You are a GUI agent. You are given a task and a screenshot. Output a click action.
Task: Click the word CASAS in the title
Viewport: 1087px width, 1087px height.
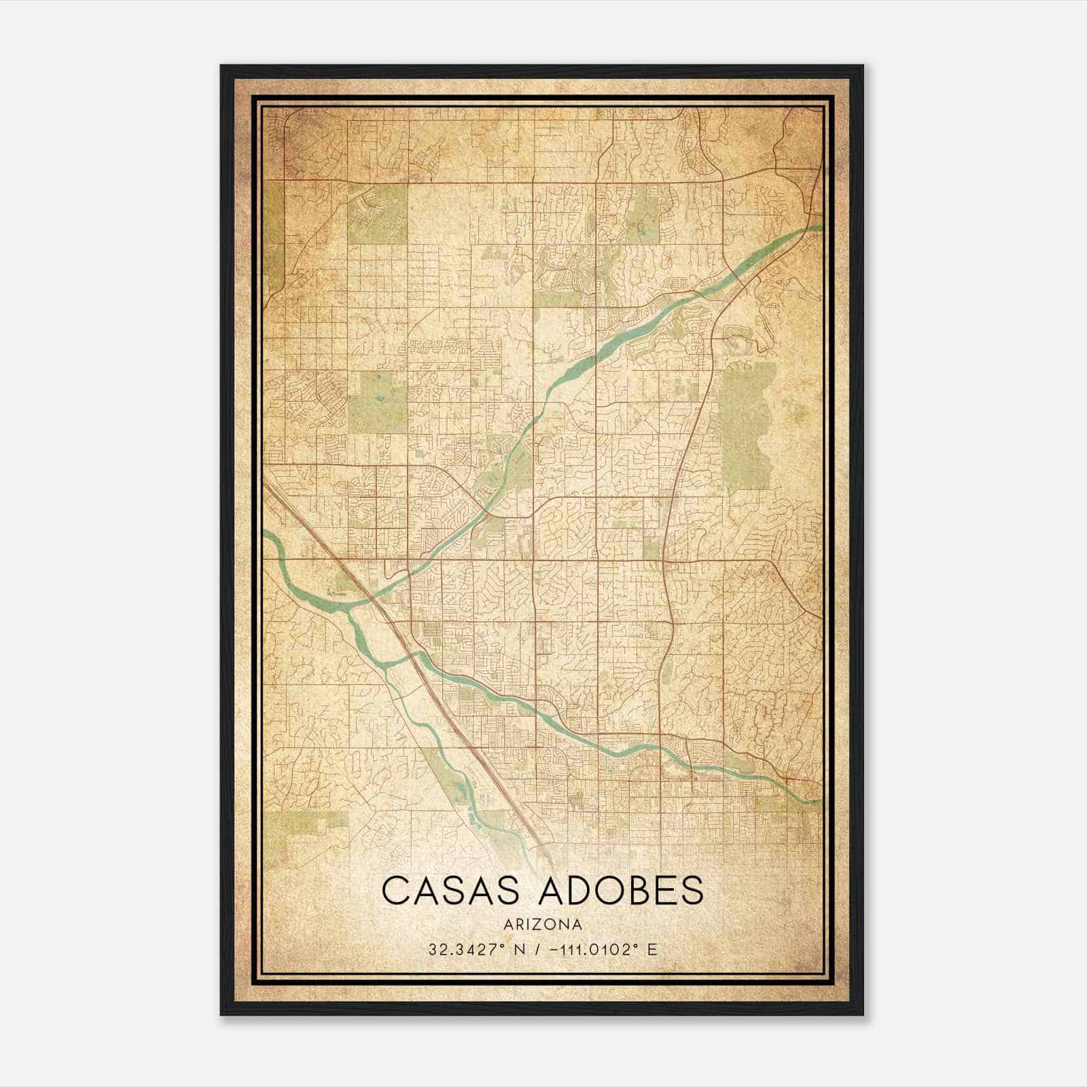pyautogui.click(x=450, y=891)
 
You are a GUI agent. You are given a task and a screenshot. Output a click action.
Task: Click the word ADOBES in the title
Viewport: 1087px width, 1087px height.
pyautogui.click(x=620, y=891)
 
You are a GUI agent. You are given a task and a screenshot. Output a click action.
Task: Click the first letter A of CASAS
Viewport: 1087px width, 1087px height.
pyautogui.click(x=426, y=891)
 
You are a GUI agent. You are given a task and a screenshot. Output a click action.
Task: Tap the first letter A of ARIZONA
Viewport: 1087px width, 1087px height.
pyautogui.click(x=510, y=925)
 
